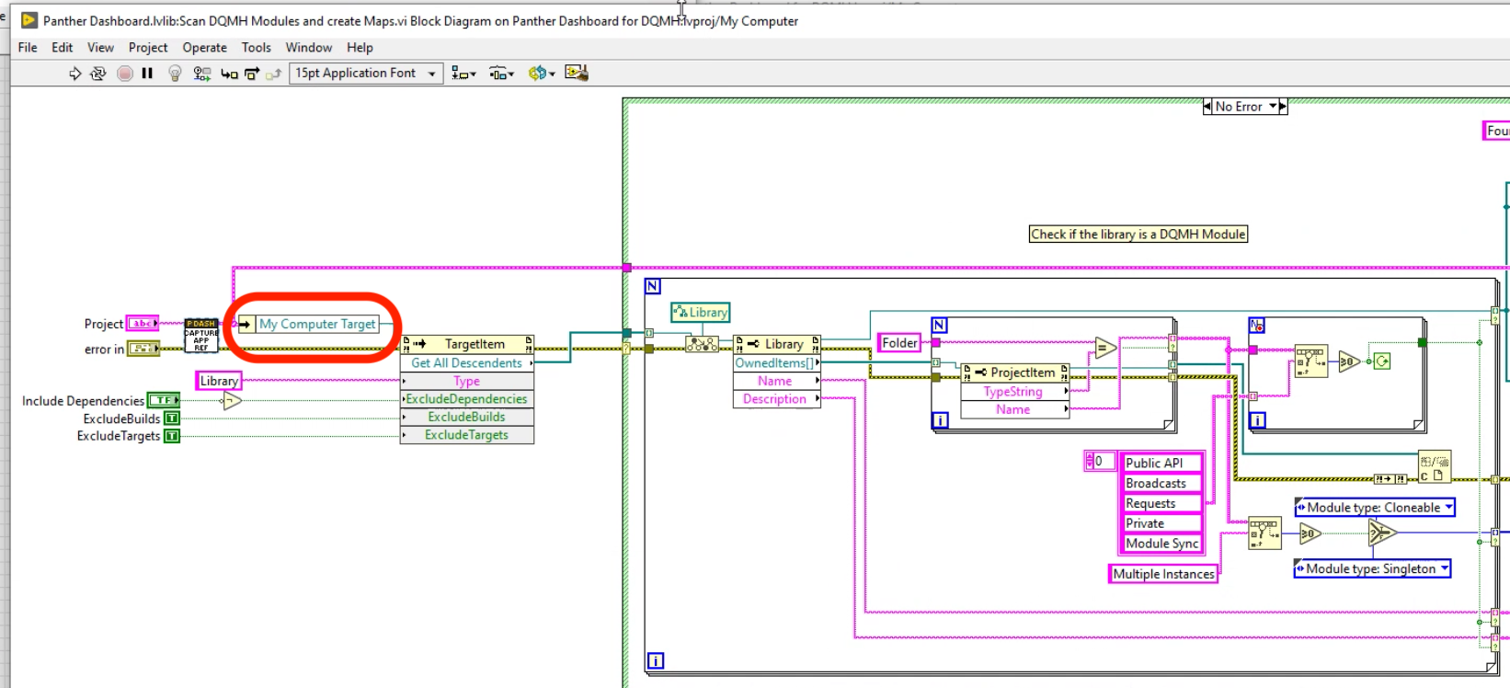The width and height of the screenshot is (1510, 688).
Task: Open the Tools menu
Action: (x=256, y=47)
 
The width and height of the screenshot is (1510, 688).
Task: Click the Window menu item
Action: (x=308, y=47)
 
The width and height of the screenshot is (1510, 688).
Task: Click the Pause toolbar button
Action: (x=147, y=74)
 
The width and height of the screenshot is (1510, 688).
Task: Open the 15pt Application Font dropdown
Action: (x=366, y=74)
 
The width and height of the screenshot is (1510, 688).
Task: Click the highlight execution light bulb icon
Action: (x=175, y=74)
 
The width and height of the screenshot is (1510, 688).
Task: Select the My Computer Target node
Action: (x=317, y=324)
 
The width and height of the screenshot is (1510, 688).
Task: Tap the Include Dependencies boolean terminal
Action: (x=164, y=400)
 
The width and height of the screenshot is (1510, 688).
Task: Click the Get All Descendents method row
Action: (x=466, y=362)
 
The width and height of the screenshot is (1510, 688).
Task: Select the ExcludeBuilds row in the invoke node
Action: (x=466, y=417)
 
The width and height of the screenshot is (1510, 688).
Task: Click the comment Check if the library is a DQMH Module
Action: (x=1138, y=235)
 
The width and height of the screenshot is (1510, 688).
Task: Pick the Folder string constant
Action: (x=899, y=342)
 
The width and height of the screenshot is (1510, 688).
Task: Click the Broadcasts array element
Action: (x=1157, y=483)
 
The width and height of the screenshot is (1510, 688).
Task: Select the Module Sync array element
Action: (x=1161, y=544)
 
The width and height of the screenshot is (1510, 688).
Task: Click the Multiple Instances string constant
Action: (x=1163, y=574)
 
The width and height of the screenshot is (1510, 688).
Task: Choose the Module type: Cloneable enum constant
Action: (x=1373, y=507)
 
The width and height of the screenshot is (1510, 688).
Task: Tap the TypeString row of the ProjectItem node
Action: (x=1012, y=391)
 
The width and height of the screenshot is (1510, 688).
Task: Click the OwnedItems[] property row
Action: (x=774, y=362)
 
